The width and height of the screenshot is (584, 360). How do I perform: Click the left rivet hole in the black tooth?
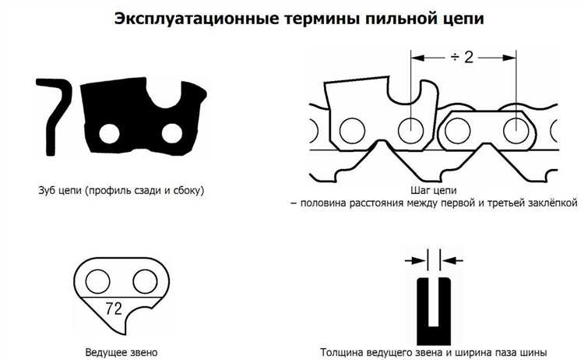109,133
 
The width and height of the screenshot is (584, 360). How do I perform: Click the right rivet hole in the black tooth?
173,133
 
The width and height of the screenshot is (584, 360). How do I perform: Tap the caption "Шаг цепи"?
433,189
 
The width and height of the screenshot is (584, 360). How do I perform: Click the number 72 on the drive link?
113,308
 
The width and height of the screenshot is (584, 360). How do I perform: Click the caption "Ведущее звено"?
121,351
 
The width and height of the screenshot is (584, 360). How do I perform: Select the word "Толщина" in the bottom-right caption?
342,351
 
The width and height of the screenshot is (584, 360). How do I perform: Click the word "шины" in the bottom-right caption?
532,351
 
